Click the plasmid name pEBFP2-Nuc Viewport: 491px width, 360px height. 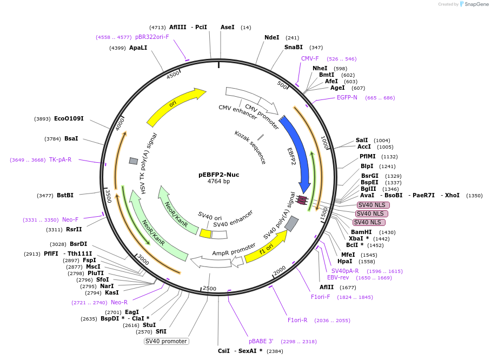tap(218, 175)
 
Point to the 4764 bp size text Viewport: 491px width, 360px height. tap(218, 182)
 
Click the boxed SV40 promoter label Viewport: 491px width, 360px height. tap(166, 341)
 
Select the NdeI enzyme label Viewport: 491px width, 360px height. tap(272, 37)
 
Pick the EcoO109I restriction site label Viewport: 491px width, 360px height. tap(69, 119)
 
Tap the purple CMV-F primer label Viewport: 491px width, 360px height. tap(310, 58)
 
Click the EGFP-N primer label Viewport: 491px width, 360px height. tap(347, 98)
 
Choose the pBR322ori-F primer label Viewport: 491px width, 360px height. tap(152, 37)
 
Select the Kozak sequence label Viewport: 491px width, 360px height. tap(250, 148)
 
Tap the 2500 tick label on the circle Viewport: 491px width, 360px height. tap(209, 289)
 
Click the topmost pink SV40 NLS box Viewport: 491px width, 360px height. tap(373, 205)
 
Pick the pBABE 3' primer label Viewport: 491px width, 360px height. tap(261, 341)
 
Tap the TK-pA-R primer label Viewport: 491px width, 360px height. tap(60, 159)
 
